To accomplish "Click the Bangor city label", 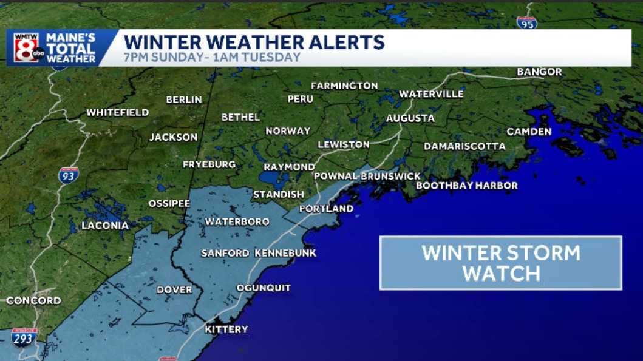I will (x=539, y=72).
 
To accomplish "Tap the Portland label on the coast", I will (x=326, y=209).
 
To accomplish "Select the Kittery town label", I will (x=226, y=329).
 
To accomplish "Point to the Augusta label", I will (x=410, y=118).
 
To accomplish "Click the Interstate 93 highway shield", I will (x=69, y=175).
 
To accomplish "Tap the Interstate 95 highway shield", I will (x=526, y=22).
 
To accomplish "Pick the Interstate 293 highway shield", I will (x=24, y=337).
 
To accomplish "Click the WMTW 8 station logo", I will (x=27, y=47).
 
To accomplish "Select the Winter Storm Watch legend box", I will (x=500, y=263).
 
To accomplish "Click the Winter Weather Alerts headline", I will (x=254, y=42).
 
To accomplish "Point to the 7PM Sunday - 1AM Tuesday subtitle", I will (x=212, y=58).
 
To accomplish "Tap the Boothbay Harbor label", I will (x=466, y=186).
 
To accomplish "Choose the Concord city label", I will (x=33, y=300).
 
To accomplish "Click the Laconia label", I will (x=105, y=226).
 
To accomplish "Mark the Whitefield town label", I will (x=117, y=113).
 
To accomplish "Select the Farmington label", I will (x=344, y=86).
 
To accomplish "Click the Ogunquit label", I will (x=264, y=288).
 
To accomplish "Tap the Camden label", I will (x=529, y=132).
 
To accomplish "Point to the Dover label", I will (x=174, y=290).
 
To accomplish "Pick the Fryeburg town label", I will (x=209, y=164).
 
